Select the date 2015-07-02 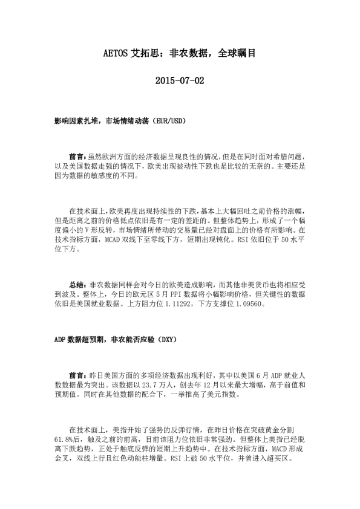click(180, 80)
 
